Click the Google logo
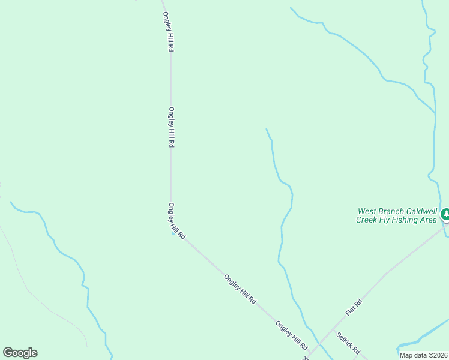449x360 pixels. [20, 353]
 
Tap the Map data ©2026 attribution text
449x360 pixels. [424, 355]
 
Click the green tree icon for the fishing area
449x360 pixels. [445, 214]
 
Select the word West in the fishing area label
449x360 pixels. [367, 212]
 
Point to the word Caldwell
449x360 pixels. [422, 212]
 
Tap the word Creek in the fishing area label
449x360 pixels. [367, 220]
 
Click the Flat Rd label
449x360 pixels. [354, 307]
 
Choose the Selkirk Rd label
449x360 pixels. [348, 343]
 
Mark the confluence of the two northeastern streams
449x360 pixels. [434, 112]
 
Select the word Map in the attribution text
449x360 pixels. [406, 355]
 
